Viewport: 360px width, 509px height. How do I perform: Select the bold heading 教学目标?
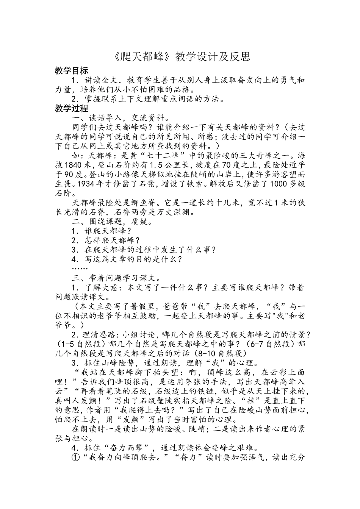(x=71, y=70)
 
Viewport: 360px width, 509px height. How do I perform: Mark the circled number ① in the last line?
(x=75, y=458)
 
